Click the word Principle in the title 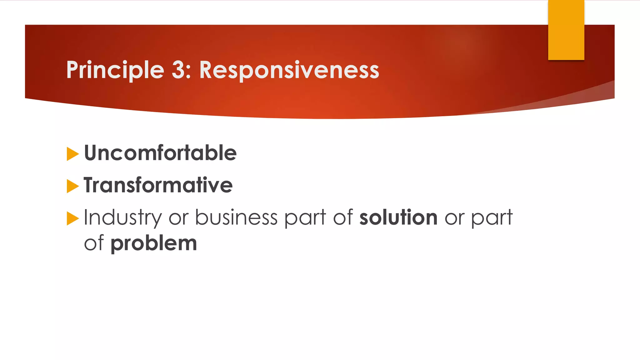tap(115, 70)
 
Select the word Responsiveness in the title tap(289, 70)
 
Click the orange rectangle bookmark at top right tap(566, 30)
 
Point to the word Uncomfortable tap(160, 153)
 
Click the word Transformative tap(158, 185)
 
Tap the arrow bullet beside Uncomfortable tap(72, 154)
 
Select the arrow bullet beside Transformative tap(72, 186)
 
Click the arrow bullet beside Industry tap(72, 218)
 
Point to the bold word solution tap(398, 217)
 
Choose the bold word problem tap(154, 244)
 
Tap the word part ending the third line tap(492, 218)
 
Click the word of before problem tap(94, 243)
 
